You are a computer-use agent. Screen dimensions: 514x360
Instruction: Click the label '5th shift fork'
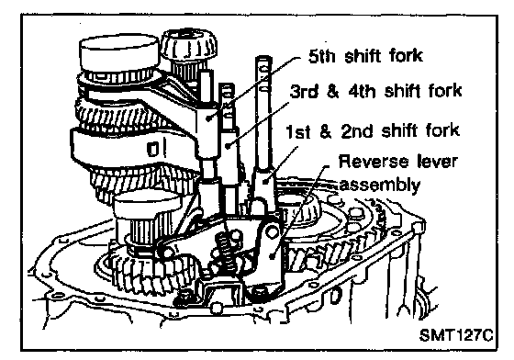(x=365, y=56)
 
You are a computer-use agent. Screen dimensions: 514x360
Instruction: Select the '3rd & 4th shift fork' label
(x=376, y=91)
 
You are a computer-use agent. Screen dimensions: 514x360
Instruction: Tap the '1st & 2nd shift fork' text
(x=372, y=130)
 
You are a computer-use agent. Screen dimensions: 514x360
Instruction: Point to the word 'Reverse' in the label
(x=369, y=162)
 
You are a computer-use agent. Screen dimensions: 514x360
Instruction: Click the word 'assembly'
(x=379, y=186)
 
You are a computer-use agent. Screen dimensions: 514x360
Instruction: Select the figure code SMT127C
(x=456, y=335)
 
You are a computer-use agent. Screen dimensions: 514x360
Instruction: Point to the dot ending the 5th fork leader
(x=209, y=118)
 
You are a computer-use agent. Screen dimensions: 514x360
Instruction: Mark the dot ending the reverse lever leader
(x=272, y=255)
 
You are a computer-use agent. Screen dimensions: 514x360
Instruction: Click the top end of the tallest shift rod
(x=263, y=59)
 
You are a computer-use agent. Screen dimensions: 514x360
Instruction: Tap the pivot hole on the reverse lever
(x=271, y=231)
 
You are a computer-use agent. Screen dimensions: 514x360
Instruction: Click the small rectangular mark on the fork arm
(x=152, y=149)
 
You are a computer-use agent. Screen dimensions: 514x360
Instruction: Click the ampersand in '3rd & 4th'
(x=332, y=92)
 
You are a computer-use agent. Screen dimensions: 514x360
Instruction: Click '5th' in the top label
(x=322, y=56)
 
